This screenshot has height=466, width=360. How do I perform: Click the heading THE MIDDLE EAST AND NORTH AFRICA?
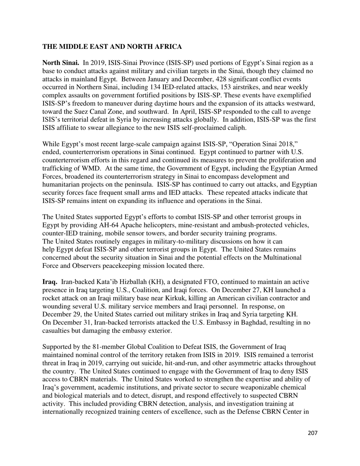112,47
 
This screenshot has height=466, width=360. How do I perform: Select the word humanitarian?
65,185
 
